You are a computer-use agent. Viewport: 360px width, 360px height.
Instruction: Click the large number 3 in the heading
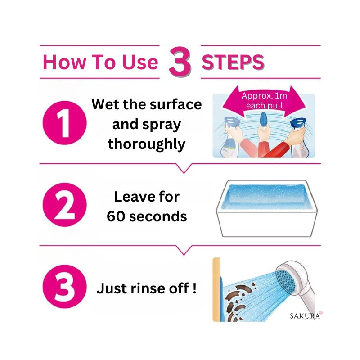pyautogui.click(x=180, y=62)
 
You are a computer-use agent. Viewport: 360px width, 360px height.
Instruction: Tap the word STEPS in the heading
pyautogui.click(x=233, y=62)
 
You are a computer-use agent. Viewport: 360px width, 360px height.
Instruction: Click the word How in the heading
pyautogui.click(x=64, y=62)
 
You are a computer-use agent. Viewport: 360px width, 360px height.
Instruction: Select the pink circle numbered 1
pyautogui.click(x=64, y=123)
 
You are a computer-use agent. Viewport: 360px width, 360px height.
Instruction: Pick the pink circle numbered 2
pyautogui.click(x=64, y=205)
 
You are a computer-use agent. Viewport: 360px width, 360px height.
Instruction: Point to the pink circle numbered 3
pyautogui.click(x=64, y=287)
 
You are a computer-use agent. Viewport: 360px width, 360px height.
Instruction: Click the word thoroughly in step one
pyautogui.click(x=147, y=144)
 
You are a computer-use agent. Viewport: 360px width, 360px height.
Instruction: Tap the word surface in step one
pyautogui.click(x=175, y=104)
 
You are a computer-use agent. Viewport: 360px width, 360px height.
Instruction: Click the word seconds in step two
pyautogui.click(x=158, y=216)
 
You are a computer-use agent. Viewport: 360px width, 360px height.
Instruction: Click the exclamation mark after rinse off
pyautogui.click(x=194, y=288)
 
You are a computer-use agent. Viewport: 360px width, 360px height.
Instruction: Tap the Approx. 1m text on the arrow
pyautogui.click(x=264, y=96)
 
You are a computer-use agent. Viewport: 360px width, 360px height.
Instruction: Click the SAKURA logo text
pyautogui.click(x=305, y=316)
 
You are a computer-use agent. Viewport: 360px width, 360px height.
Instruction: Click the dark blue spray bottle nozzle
pyautogui.click(x=298, y=123)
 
